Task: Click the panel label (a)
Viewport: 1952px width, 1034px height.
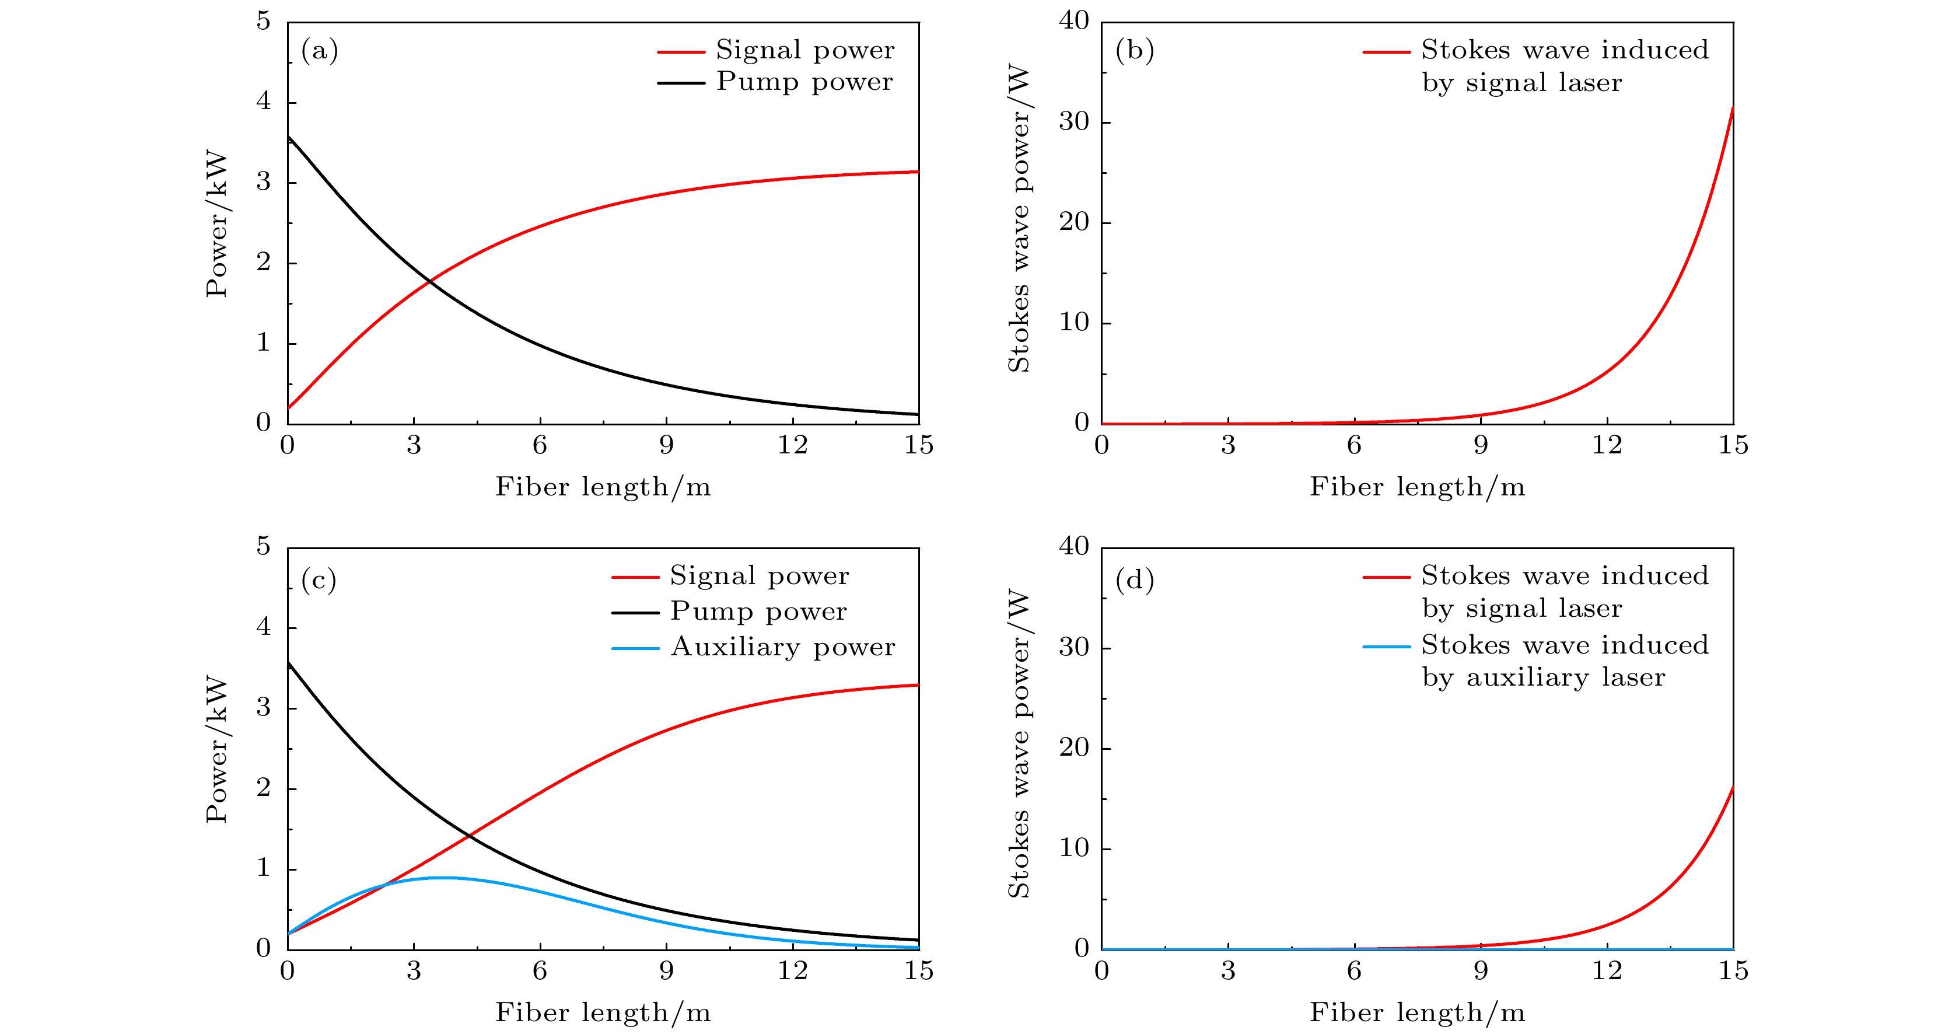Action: click(319, 51)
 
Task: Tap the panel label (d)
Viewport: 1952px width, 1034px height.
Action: click(1134, 580)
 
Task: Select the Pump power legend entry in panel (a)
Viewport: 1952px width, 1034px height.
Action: click(804, 81)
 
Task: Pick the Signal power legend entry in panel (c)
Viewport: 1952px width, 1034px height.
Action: click(760, 576)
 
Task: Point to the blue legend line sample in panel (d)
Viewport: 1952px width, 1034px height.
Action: click(1386, 647)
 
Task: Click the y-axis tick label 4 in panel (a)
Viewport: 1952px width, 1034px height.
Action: click(263, 101)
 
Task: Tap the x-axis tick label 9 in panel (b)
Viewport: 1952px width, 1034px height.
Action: click(1481, 445)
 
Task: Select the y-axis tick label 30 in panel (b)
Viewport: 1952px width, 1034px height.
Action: click(1074, 121)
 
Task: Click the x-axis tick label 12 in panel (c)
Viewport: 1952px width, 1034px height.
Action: click(793, 971)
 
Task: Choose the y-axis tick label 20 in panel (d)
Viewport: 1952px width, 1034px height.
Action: click(1074, 747)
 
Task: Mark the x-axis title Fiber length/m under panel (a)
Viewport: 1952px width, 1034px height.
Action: click(603, 487)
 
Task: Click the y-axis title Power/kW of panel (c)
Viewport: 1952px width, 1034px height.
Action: click(216, 749)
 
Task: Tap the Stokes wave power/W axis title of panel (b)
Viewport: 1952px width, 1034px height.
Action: click(1019, 220)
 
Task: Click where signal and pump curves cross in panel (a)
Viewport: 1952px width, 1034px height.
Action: click(429, 281)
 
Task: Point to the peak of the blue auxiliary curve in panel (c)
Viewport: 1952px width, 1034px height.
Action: click(439, 877)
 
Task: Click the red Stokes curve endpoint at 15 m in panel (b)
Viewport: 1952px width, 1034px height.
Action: click(1732, 107)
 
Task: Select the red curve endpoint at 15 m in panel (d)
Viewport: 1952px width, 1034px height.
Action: click(1732, 788)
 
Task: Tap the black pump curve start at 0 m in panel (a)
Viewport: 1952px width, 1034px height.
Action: click(288, 137)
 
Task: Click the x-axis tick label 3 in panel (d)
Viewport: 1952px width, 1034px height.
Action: click(1227, 971)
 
